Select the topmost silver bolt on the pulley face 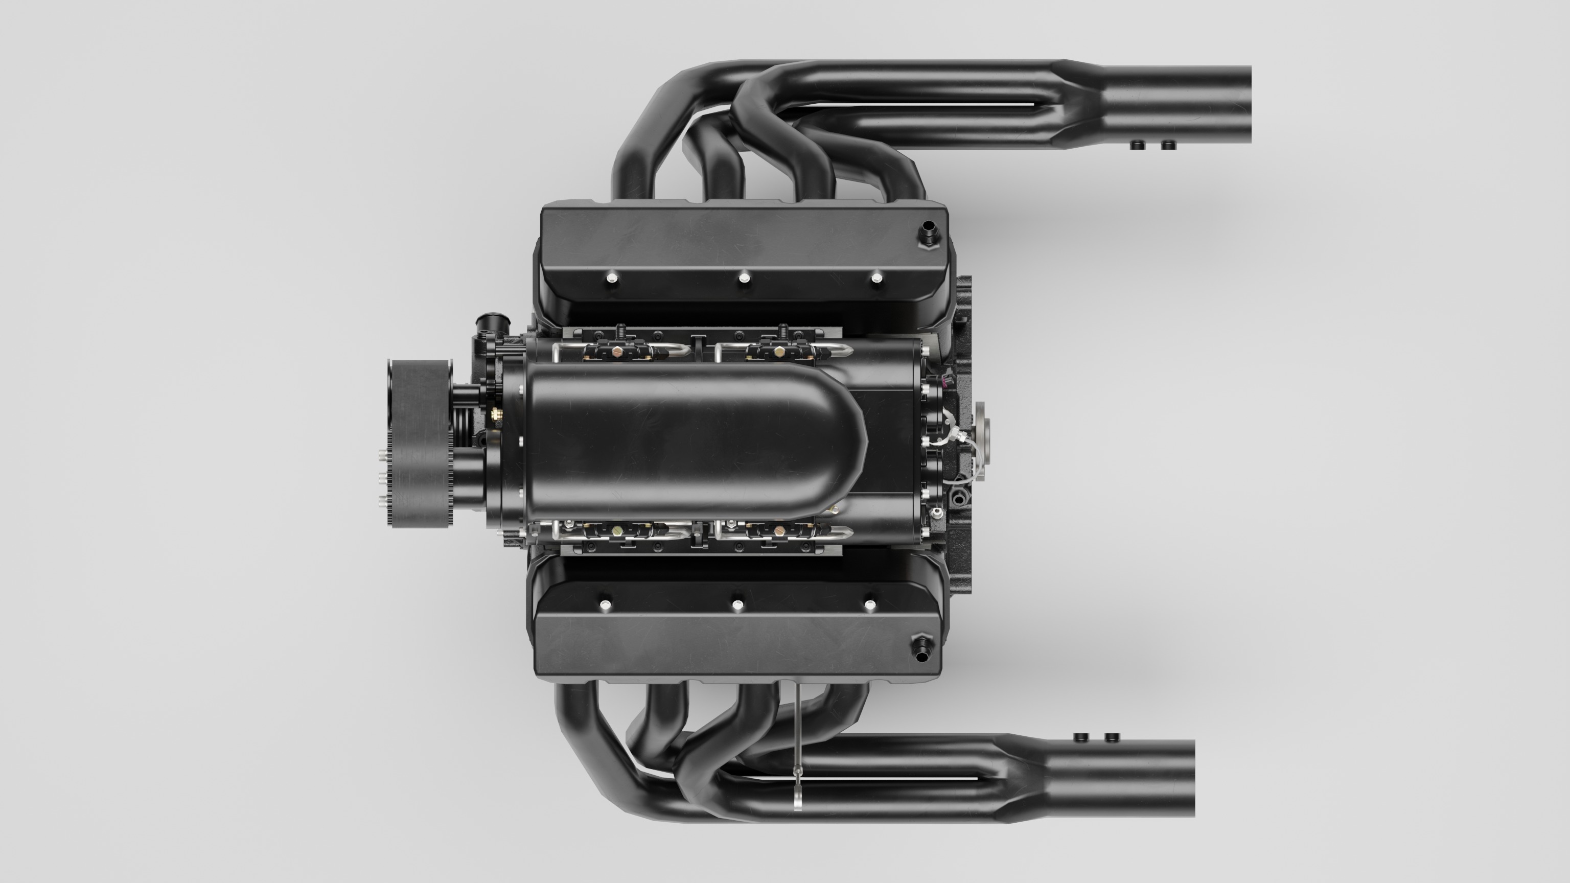382,454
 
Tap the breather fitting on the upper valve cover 928,234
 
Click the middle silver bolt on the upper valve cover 744,278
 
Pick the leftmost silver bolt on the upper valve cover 612,278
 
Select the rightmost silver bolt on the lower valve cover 870,605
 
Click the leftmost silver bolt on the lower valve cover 605,605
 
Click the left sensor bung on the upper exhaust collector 1137,145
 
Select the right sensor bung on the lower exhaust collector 1112,737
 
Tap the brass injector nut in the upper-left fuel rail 617,352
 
